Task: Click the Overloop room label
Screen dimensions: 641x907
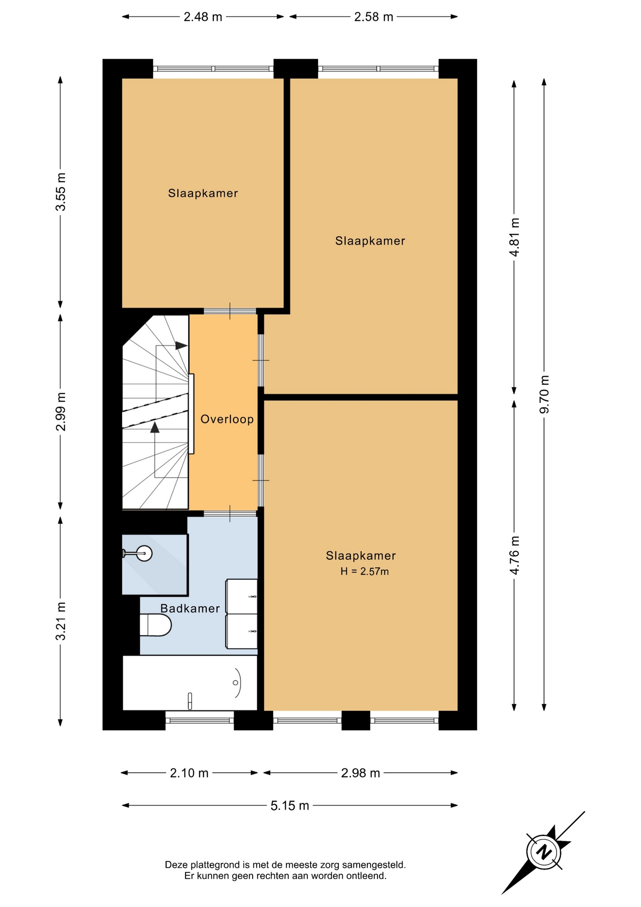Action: point(227,419)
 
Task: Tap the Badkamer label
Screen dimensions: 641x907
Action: point(190,608)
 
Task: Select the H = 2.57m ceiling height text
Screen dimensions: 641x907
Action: point(365,572)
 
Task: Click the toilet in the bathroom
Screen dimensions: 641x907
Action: point(155,625)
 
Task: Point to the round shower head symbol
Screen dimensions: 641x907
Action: point(144,553)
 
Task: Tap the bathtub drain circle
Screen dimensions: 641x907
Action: point(235,683)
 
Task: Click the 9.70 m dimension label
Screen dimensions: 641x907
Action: point(544,394)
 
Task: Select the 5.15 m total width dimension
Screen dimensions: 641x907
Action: point(290,805)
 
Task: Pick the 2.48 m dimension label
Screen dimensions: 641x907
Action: point(203,17)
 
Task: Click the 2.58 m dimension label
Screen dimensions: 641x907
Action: point(374,17)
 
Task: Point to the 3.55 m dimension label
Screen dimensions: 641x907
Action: point(60,192)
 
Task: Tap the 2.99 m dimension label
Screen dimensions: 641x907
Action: point(60,412)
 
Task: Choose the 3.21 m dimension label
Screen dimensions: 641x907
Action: point(60,621)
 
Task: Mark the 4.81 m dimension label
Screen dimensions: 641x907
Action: point(514,237)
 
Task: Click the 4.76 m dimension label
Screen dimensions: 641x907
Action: point(514,556)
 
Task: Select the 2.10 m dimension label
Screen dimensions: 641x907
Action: point(189,773)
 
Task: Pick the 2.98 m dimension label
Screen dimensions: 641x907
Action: point(361,773)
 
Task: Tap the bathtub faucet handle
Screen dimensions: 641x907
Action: point(190,701)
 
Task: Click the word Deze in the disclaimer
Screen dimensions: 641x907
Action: point(176,865)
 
